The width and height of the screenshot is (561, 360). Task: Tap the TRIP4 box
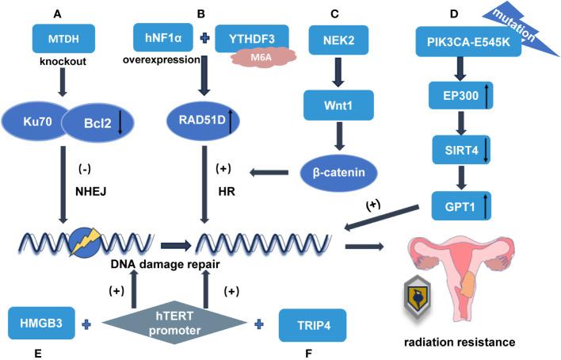313,324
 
